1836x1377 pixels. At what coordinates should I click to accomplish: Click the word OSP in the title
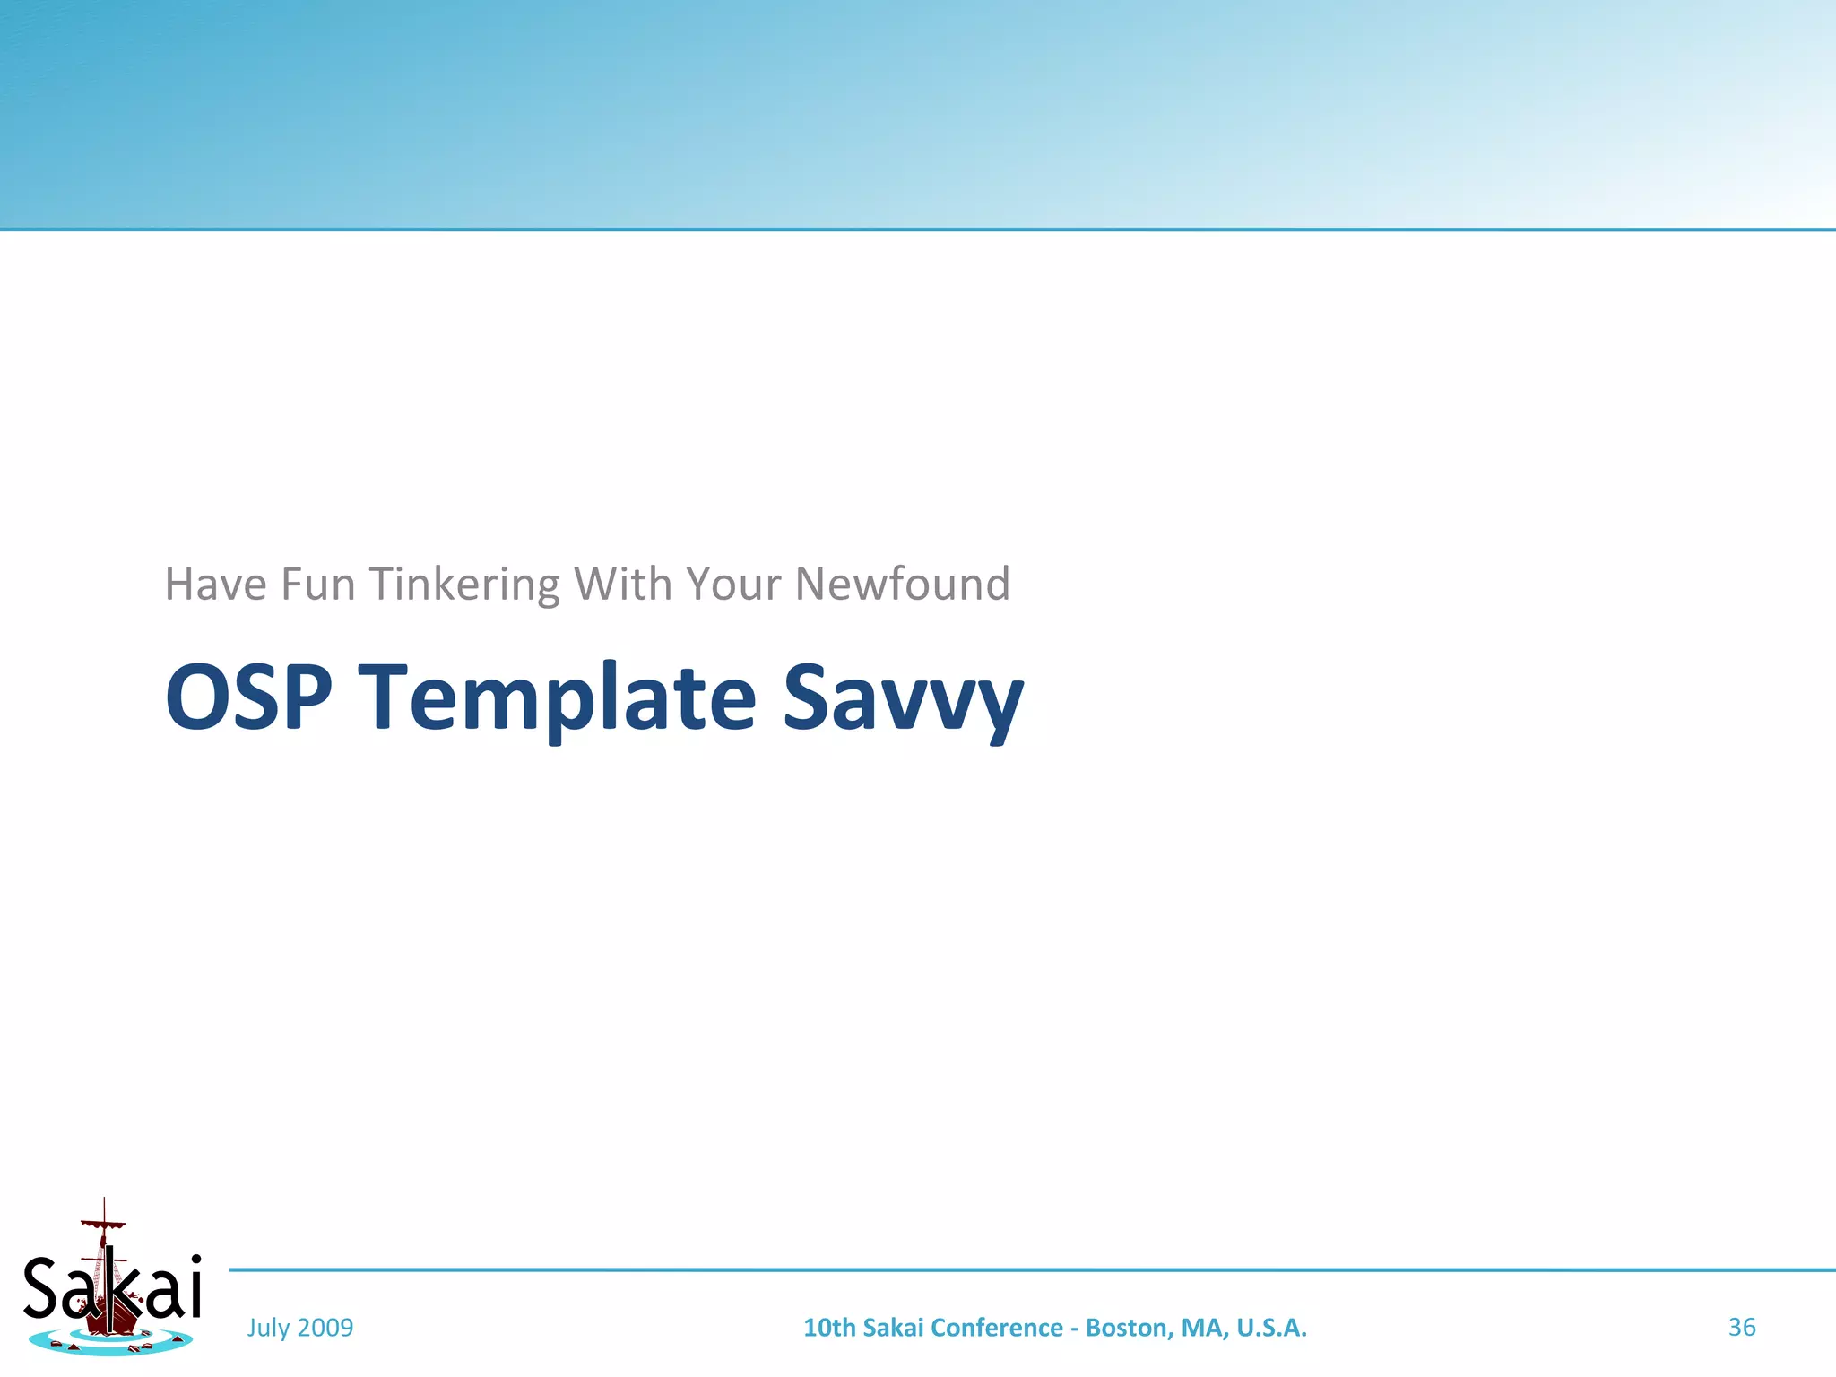pyautogui.click(x=248, y=697)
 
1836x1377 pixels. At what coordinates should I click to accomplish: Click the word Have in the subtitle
pyautogui.click(x=216, y=585)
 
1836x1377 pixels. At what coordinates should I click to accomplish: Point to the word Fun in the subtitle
pyautogui.click(x=318, y=585)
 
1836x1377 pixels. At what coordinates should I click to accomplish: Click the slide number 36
pyautogui.click(x=1741, y=1328)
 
